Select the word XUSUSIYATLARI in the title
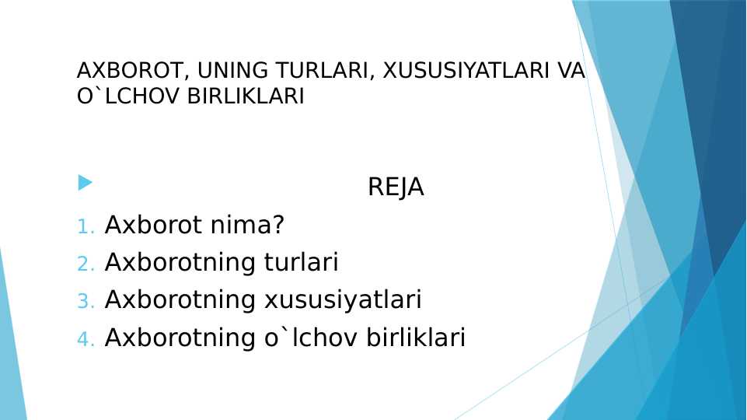pos(458,71)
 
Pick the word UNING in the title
pos(225,71)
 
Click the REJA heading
pos(396,187)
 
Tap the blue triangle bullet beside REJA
pos(85,183)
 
